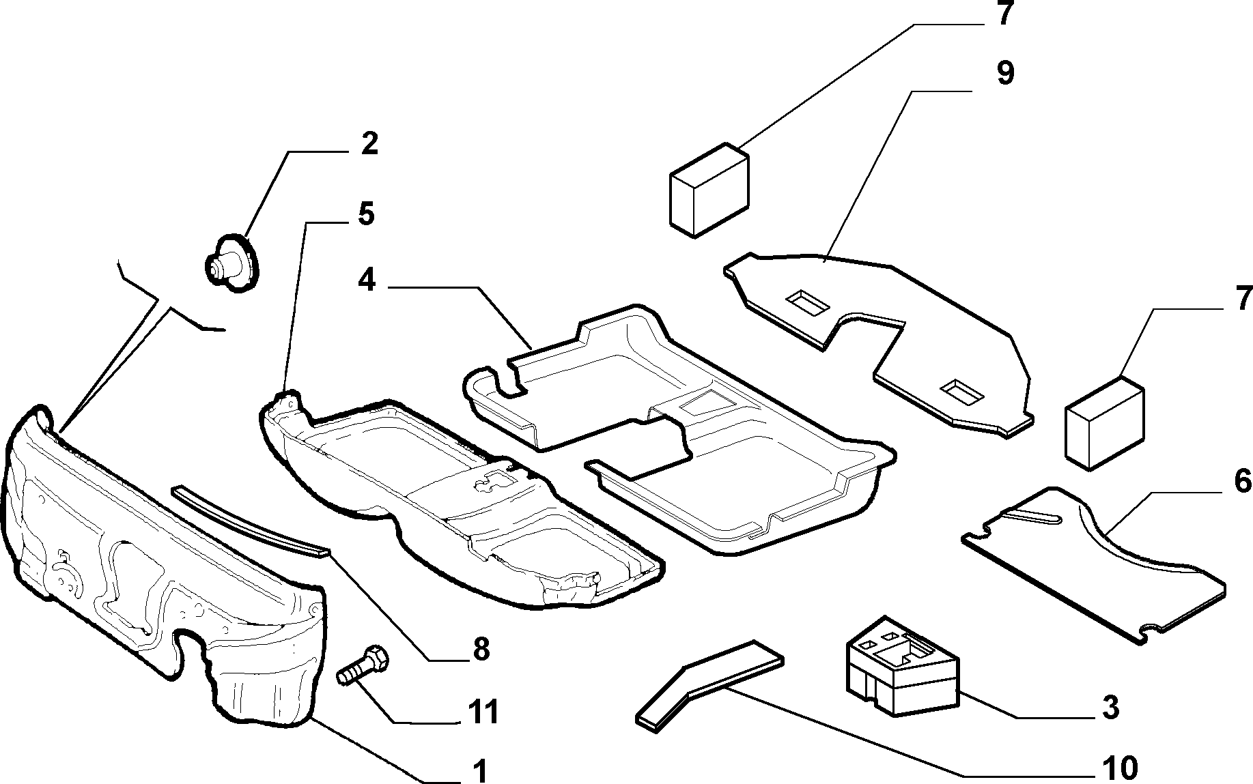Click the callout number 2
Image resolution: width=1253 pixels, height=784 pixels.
point(369,144)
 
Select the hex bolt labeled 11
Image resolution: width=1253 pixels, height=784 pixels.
point(363,665)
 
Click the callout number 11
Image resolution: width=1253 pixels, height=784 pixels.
point(483,712)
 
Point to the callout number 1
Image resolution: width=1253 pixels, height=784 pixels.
point(481,770)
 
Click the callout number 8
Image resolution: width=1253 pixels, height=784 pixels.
point(481,650)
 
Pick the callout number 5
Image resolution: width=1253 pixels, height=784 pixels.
point(366,214)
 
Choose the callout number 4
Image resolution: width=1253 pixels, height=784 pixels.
point(367,280)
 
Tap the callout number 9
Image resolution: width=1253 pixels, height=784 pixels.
point(1004,73)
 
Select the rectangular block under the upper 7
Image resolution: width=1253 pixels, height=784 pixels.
point(709,190)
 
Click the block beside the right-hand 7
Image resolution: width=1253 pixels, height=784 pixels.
point(1105,422)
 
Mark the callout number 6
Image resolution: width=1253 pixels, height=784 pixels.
point(1242,482)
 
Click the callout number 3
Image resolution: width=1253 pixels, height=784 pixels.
point(1111,708)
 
